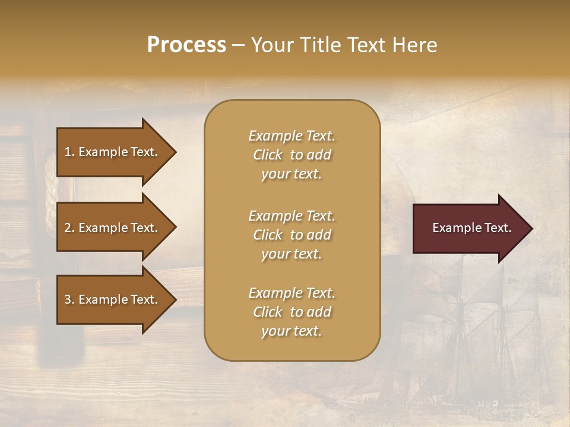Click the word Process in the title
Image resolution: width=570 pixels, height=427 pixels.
click(x=186, y=44)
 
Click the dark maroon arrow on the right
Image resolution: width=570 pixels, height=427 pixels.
click(x=469, y=228)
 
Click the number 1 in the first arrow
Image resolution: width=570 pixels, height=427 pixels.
click(x=68, y=152)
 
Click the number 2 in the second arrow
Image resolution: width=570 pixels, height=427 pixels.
click(x=68, y=228)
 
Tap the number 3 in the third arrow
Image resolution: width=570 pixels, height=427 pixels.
click(x=68, y=299)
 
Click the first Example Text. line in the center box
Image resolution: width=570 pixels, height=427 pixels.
click(x=292, y=136)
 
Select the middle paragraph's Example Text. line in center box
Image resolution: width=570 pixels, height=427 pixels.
click(x=292, y=216)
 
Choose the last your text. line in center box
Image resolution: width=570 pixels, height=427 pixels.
click(x=292, y=331)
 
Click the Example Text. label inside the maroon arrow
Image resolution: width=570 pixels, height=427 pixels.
click(x=471, y=228)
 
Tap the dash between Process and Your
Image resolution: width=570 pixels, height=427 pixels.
click(x=238, y=45)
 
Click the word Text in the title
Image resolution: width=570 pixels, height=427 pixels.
click(x=363, y=44)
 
